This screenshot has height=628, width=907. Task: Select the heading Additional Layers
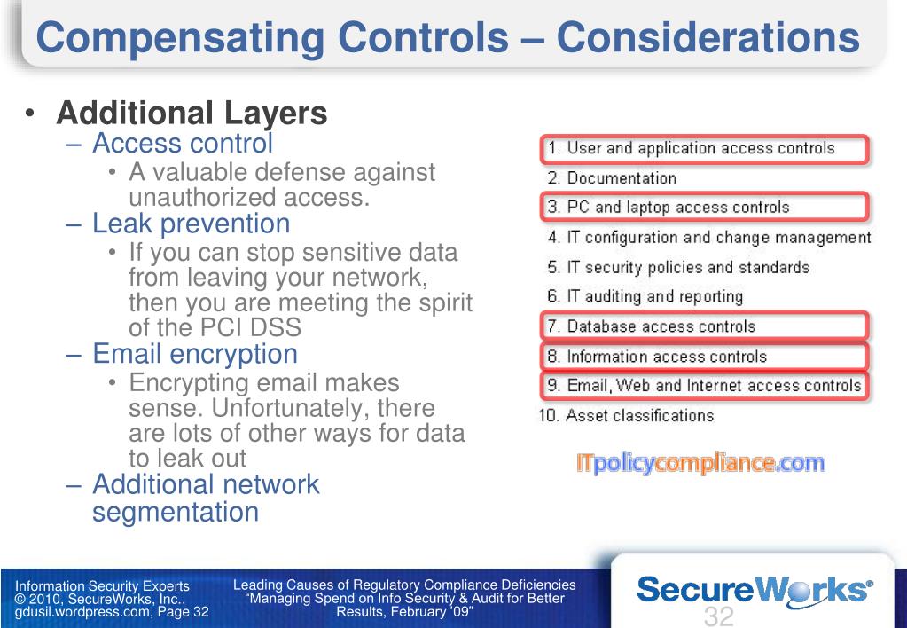click(x=192, y=114)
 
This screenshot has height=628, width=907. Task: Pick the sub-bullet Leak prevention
click(x=192, y=224)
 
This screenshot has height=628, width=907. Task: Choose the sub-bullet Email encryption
click(x=195, y=354)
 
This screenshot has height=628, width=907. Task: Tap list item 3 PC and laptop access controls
click(x=677, y=208)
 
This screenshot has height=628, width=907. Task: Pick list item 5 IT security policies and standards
click(x=687, y=267)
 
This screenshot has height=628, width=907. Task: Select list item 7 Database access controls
click(x=661, y=326)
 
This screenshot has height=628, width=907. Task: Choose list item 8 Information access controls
click(x=666, y=357)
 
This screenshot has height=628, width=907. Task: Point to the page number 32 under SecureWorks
click(x=719, y=616)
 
